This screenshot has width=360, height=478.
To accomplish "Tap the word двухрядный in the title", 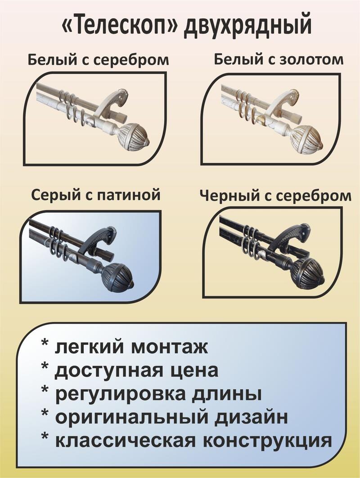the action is [x=247, y=27].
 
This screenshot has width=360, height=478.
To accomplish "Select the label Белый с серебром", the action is [x=98, y=60].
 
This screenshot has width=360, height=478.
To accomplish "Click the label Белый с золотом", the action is [x=279, y=59].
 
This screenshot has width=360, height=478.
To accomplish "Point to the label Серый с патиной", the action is [x=96, y=195].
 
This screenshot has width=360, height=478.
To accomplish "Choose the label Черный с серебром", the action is [x=275, y=197].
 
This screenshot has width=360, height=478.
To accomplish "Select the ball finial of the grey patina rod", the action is [x=118, y=277].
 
